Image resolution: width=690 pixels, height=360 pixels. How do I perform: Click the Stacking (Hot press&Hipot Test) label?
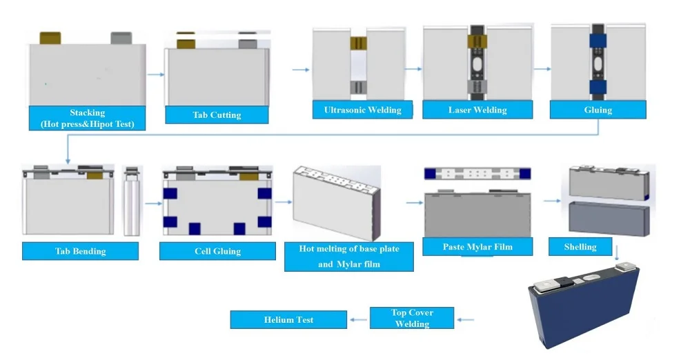point(87,118)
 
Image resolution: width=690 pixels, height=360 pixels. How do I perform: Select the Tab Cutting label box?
point(217,114)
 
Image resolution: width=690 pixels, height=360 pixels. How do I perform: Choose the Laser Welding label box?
point(477,110)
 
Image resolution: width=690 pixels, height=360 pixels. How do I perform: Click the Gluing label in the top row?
point(598,110)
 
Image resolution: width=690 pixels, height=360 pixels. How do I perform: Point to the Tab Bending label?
point(80,251)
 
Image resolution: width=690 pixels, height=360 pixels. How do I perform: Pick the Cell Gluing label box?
point(217,251)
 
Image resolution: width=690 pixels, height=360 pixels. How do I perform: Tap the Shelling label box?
point(580,247)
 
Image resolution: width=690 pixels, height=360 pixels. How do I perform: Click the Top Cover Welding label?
point(412,318)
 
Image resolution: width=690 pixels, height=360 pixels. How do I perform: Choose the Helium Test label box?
point(288,319)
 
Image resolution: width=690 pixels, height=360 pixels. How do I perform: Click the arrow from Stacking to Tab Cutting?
point(156,74)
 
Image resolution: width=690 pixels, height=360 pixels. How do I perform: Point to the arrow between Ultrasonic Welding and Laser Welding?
point(413,69)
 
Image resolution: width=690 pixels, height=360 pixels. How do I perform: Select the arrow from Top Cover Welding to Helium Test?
point(357,319)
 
